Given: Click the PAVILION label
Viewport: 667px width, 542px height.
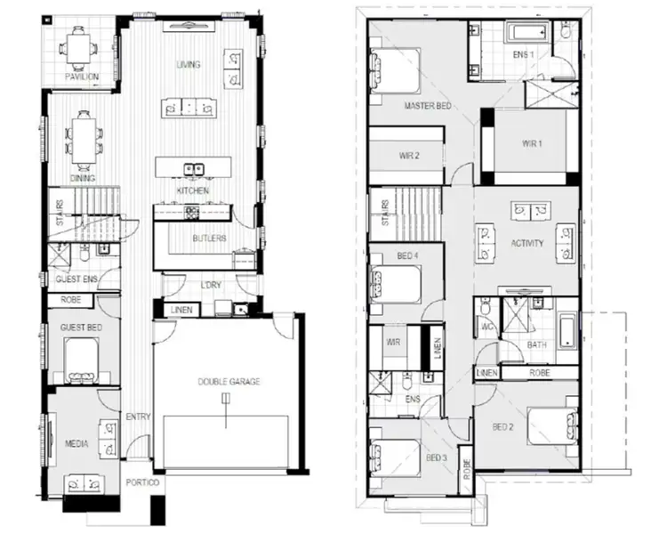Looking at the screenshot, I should click(81, 77).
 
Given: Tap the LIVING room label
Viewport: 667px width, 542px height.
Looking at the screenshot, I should click(188, 64).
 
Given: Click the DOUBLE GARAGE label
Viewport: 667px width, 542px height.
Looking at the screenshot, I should click(229, 382).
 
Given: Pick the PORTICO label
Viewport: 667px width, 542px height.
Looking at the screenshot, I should click(142, 484).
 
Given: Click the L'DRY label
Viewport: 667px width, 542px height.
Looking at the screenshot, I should click(211, 284).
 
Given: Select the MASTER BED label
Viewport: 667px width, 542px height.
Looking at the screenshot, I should click(428, 106).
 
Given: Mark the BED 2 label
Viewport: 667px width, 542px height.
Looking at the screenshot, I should click(504, 426).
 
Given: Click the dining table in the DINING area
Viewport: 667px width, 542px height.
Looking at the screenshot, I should click(84, 138).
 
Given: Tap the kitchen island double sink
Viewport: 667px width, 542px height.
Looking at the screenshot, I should click(193, 168).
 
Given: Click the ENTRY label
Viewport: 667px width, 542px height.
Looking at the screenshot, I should click(139, 417).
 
